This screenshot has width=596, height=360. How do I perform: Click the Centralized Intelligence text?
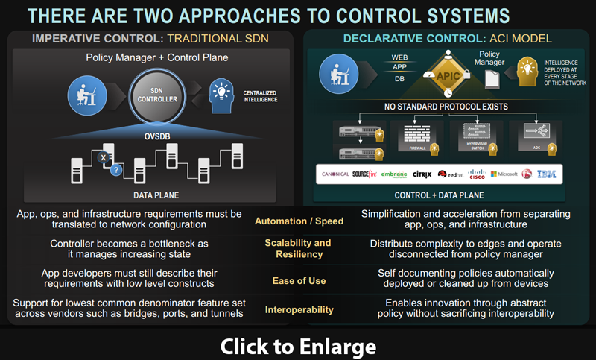click(x=261, y=96)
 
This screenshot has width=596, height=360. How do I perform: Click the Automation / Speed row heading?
click(x=298, y=221)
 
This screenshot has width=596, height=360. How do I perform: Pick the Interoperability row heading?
click(x=298, y=309)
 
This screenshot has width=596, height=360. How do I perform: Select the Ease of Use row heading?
click(x=298, y=280)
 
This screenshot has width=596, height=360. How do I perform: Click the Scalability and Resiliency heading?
click(x=298, y=249)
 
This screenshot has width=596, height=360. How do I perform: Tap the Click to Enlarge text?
click(x=298, y=346)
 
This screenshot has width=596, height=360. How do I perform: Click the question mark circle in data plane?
click(x=115, y=169)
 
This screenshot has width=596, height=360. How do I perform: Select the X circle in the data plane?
click(x=103, y=157)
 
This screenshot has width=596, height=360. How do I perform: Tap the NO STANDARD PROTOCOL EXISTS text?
click(x=446, y=107)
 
